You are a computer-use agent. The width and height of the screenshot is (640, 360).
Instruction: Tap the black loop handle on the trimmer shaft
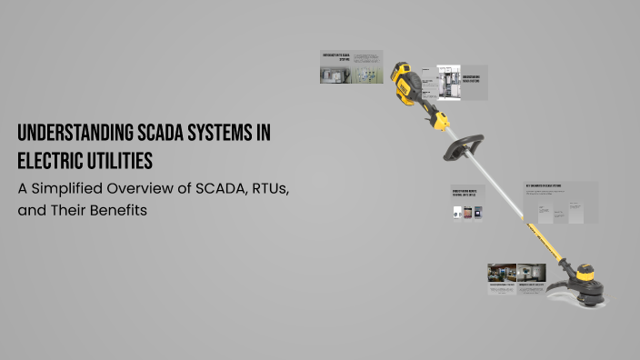pyautogui.click(x=466, y=148)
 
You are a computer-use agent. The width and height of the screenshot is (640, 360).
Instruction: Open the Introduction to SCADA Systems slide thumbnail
pyautogui.click(x=351, y=67)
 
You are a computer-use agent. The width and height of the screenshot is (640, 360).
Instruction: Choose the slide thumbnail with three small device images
pyautogui.click(x=466, y=204)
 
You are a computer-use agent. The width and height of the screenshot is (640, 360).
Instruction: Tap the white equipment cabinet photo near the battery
pyautogui.click(x=449, y=83)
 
